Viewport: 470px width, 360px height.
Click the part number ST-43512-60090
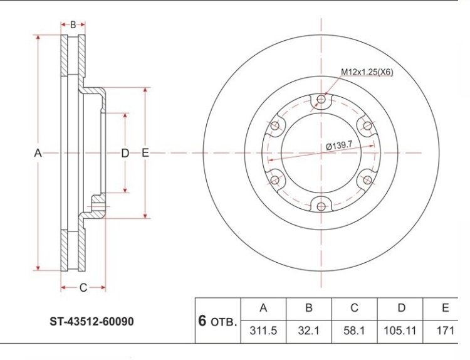91,322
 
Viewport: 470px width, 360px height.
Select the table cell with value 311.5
263,331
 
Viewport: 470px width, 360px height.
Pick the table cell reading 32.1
309,331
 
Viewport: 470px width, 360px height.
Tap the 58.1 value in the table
354,331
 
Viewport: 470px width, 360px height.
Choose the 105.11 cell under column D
400,331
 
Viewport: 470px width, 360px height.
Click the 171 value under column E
446,331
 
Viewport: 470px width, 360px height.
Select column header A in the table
263,308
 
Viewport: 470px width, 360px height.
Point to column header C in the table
354,308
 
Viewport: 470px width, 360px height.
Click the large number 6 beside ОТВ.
202,320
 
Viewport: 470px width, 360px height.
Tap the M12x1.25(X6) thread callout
367,72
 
